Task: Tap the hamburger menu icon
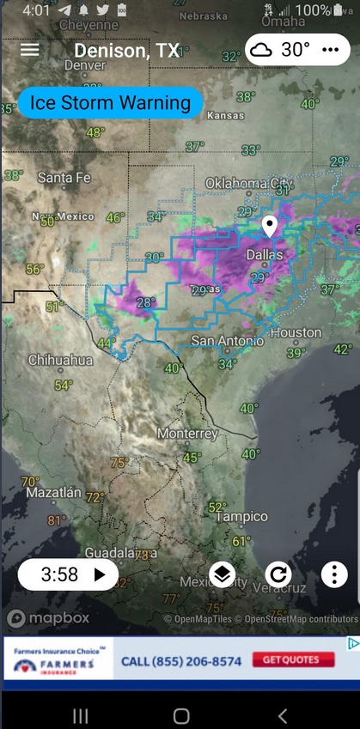pos(30,50)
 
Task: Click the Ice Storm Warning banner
pos(110,104)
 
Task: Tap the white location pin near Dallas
pos(270,227)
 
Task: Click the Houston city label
pos(296,332)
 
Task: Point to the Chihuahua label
pos(60,361)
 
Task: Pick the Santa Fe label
pos(64,178)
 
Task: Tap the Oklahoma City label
pos(249,184)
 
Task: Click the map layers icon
pos(222,574)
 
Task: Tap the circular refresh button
pos(278,574)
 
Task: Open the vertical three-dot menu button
pos(334,574)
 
